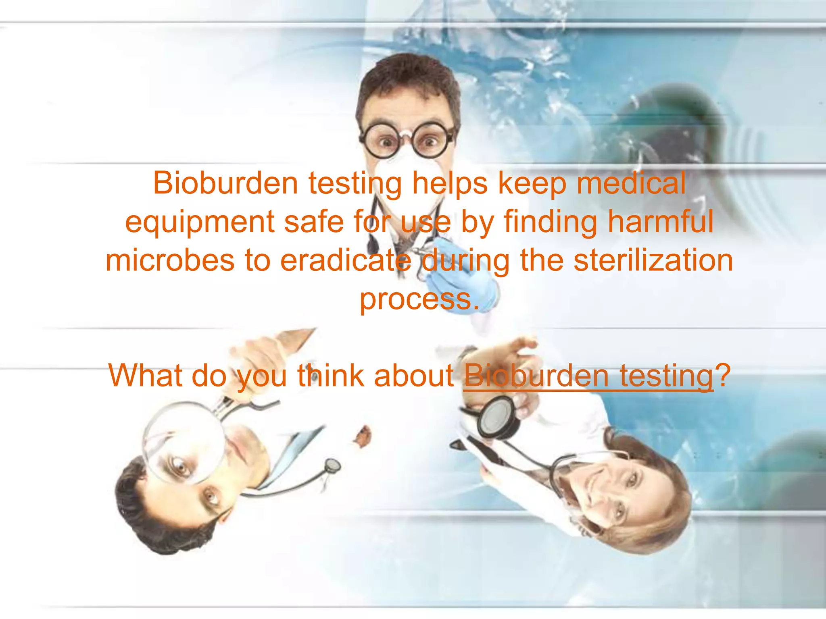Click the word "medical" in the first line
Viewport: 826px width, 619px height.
631,183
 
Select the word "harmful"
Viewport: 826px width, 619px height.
660,222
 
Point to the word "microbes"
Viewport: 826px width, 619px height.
170,260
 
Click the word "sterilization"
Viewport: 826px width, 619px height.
653,260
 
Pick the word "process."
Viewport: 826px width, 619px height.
419,299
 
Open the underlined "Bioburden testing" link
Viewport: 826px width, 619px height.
588,376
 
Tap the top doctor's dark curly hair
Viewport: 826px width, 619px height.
407,77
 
